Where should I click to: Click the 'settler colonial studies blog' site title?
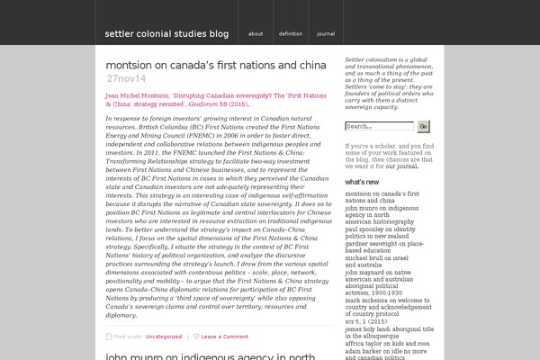(166, 34)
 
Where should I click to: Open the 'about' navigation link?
(256, 34)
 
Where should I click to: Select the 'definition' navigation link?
(291, 34)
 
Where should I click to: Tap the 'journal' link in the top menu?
(326, 34)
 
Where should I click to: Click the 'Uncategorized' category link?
(164, 336)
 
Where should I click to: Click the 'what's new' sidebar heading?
(361, 182)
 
